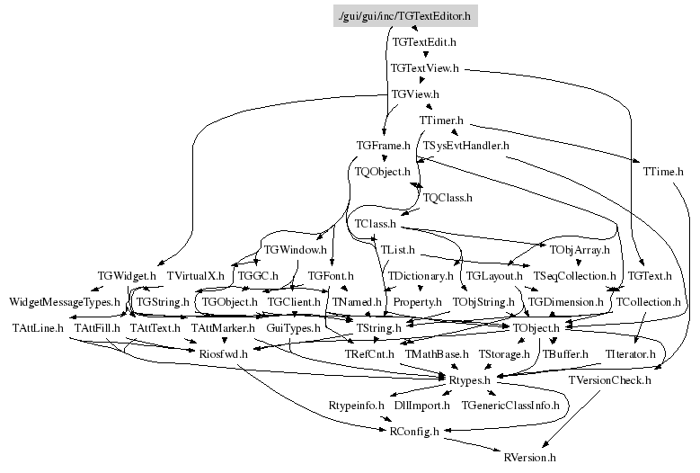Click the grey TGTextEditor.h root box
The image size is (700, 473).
tap(403, 15)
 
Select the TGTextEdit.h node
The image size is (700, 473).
tap(424, 41)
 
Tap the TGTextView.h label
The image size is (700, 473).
tap(424, 67)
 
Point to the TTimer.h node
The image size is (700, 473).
tap(440, 120)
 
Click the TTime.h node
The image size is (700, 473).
tap(663, 171)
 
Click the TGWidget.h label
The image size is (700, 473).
tap(127, 275)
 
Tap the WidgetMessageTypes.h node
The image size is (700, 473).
tap(64, 301)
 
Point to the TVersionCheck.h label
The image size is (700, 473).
tap(609, 380)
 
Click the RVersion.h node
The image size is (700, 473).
tap(529, 458)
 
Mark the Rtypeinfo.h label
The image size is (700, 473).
tap(356, 406)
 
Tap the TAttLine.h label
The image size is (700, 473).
tap(37, 328)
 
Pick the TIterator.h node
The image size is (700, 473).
tap(628, 354)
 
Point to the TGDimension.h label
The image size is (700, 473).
tap(565, 301)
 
